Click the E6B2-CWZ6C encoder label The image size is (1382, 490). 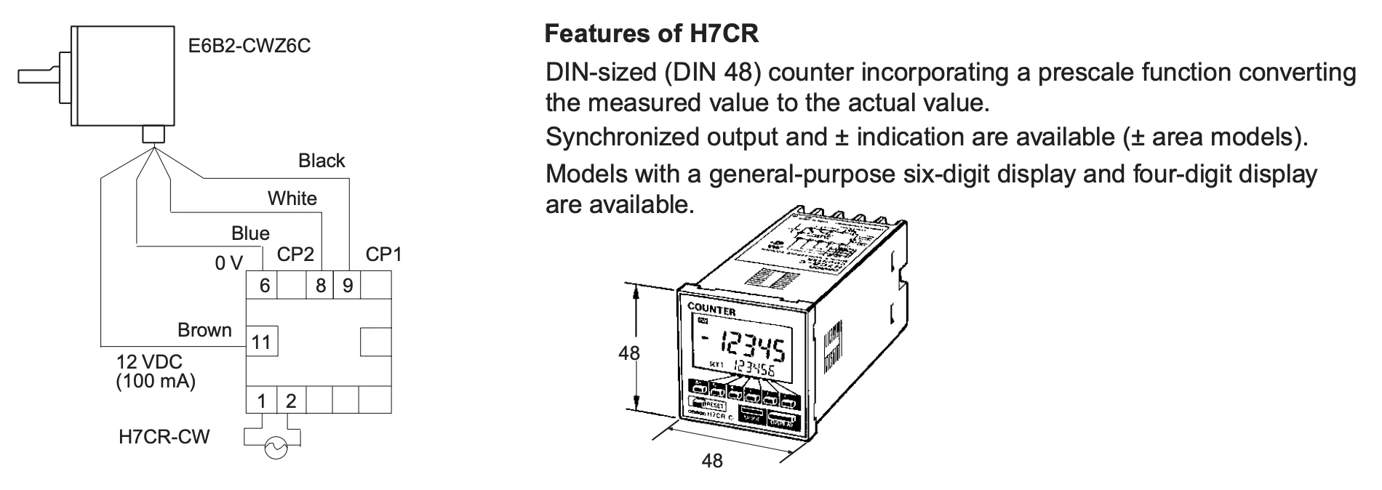[x=249, y=47]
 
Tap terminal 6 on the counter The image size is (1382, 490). [x=264, y=285]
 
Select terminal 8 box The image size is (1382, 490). [x=321, y=285]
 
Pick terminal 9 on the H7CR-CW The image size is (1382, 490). [x=348, y=285]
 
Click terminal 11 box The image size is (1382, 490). [x=261, y=342]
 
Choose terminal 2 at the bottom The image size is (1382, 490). [x=290, y=400]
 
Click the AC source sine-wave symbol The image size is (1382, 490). [x=276, y=449]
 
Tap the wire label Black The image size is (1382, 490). [x=321, y=161]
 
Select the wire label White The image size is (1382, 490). [x=292, y=198]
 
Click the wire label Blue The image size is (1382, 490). [x=250, y=233]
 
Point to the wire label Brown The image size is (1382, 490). [x=204, y=330]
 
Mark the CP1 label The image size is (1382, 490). [x=383, y=254]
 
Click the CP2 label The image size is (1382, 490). [x=295, y=254]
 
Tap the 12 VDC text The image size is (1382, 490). [x=150, y=361]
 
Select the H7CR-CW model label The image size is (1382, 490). [x=164, y=436]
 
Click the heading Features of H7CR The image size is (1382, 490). [x=652, y=33]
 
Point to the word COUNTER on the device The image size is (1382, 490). [x=711, y=310]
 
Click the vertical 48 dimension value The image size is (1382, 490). [x=628, y=353]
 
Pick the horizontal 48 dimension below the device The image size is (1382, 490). [x=712, y=460]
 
